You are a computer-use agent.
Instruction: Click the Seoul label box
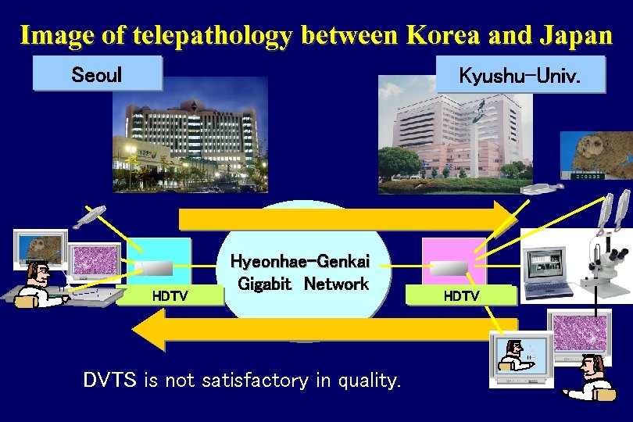tap(97, 74)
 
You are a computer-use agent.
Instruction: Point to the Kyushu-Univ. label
tap(520, 76)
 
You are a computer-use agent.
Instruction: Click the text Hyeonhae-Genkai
tap(300, 262)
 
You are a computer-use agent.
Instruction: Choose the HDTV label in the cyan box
tap(169, 295)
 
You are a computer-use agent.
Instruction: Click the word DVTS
tap(109, 381)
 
